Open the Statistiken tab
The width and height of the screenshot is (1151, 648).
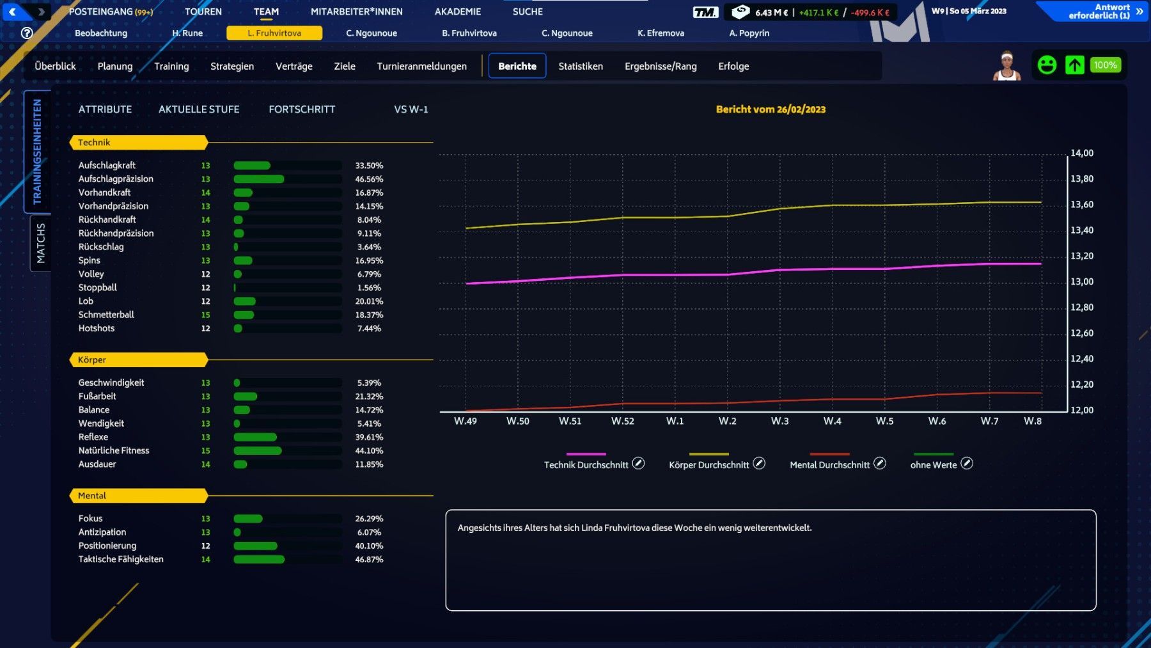pyautogui.click(x=580, y=66)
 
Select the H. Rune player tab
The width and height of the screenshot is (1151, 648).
pyautogui.click(x=187, y=33)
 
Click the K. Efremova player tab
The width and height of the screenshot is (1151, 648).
pyautogui.click(x=661, y=33)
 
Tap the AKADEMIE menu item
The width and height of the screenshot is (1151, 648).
pyautogui.click(x=457, y=12)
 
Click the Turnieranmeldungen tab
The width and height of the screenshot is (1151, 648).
pyautogui.click(x=421, y=66)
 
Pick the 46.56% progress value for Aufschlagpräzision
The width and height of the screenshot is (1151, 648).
pyautogui.click(x=369, y=179)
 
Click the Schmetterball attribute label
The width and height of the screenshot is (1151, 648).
pyautogui.click(x=106, y=315)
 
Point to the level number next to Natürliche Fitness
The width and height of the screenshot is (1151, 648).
pyautogui.click(x=205, y=451)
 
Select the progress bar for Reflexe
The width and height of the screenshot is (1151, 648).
pyautogui.click(x=287, y=438)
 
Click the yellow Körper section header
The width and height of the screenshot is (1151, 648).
pyautogui.click(x=138, y=360)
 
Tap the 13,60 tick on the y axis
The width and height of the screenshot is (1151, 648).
pyautogui.click(x=1082, y=205)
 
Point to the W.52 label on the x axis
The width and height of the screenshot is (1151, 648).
pyautogui.click(x=622, y=421)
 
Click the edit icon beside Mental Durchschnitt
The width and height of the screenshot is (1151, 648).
pyautogui.click(x=880, y=464)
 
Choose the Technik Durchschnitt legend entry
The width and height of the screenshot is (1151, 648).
pyautogui.click(x=586, y=465)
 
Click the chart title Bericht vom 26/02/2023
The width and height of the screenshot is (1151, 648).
pyautogui.click(x=771, y=109)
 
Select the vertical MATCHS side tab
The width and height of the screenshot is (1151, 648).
pyautogui.click(x=41, y=243)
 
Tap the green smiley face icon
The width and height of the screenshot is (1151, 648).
pyautogui.click(x=1047, y=65)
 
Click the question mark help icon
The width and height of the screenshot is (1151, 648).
pyautogui.click(x=27, y=33)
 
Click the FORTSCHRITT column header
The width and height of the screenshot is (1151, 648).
pyautogui.click(x=302, y=109)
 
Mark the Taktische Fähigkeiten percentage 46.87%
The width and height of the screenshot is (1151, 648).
pyautogui.click(x=369, y=560)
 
